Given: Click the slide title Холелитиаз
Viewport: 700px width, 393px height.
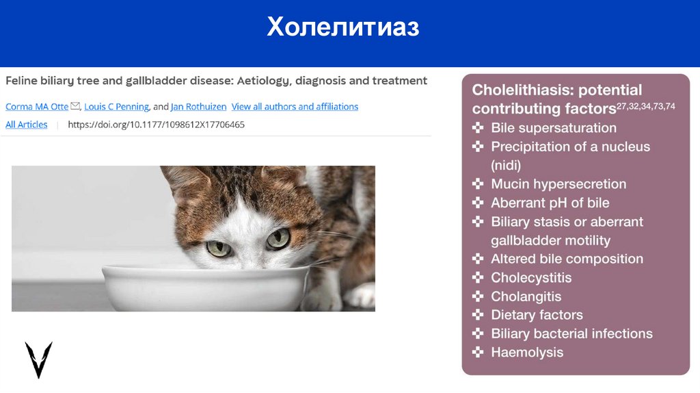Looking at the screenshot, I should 342,27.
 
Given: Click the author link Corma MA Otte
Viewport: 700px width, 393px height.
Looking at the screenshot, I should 37,106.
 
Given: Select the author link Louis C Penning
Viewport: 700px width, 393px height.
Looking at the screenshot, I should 116,106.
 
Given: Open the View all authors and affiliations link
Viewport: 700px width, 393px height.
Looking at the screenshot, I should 295,106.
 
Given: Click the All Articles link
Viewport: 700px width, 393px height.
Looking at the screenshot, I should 27,125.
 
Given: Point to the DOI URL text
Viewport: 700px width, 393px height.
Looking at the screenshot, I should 156,125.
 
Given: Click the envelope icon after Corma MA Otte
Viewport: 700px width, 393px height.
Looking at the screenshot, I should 75,106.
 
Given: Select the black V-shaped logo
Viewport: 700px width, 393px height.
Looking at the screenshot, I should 38,359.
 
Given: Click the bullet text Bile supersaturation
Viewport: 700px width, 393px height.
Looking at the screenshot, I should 554,128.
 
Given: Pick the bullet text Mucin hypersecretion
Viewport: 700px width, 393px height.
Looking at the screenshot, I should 558,184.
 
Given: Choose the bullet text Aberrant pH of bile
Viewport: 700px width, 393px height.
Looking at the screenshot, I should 550,203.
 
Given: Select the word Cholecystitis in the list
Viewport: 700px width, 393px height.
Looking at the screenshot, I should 531,277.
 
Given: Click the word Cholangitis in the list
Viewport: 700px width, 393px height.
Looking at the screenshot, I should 526,296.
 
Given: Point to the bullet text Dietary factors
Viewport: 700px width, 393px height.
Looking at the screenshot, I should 537,315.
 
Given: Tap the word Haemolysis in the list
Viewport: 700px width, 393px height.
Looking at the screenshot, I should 527,353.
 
